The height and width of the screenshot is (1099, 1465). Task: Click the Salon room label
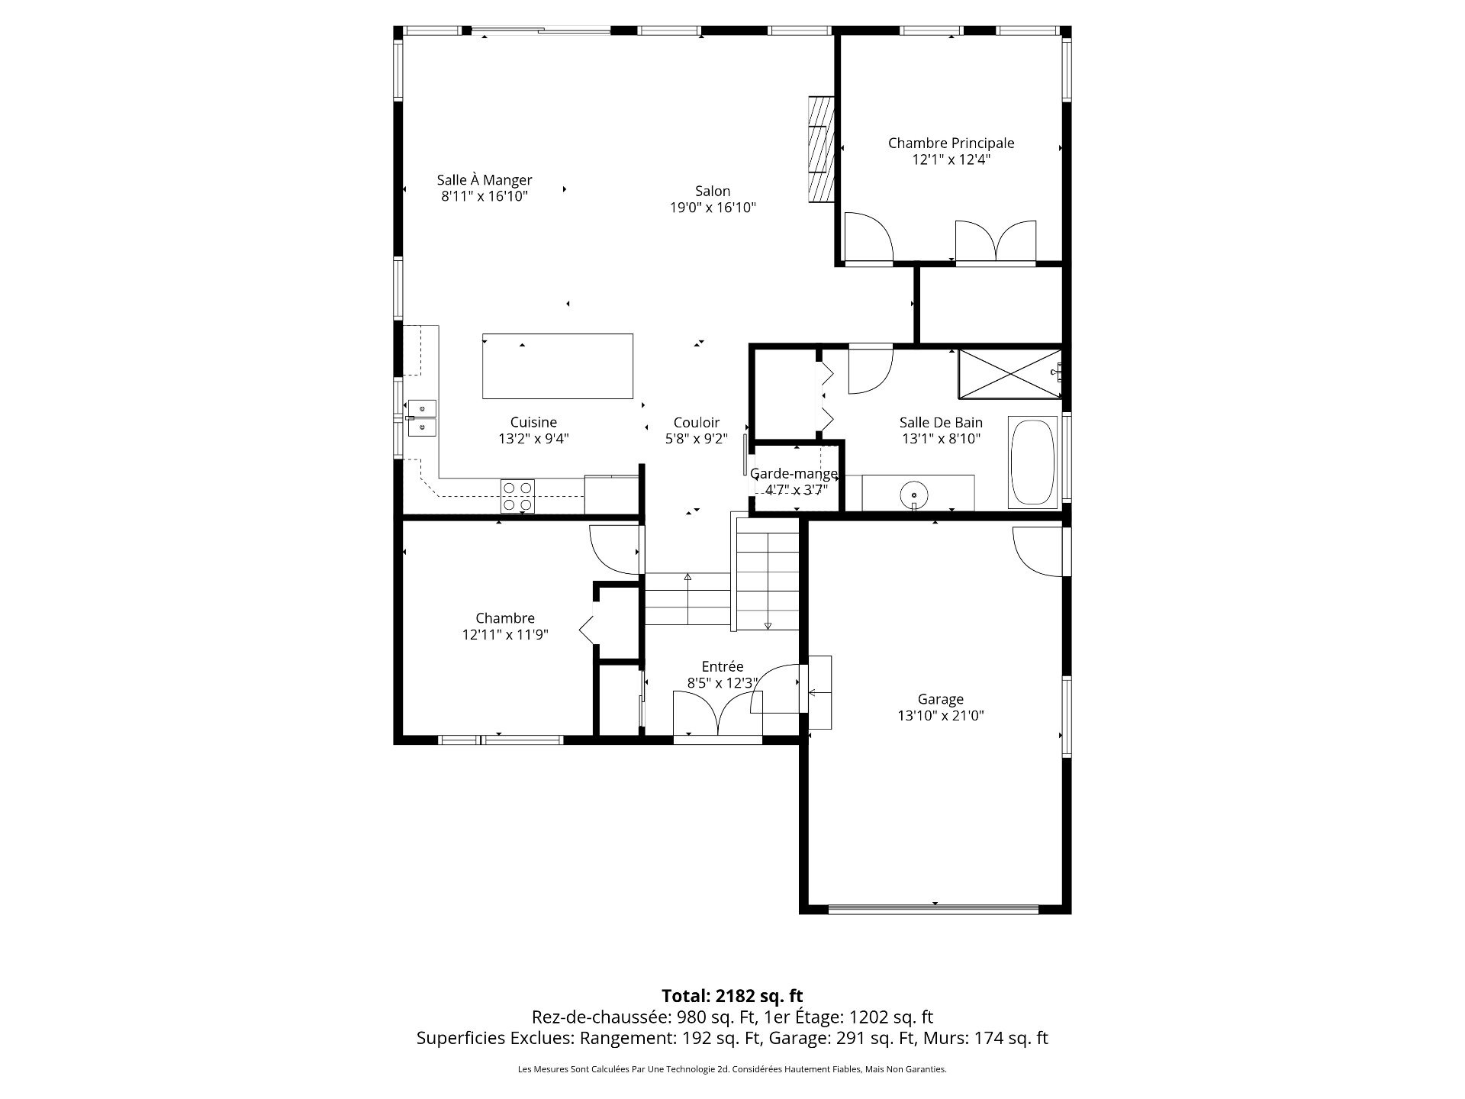coord(712,192)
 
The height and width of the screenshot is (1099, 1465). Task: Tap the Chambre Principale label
coord(951,143)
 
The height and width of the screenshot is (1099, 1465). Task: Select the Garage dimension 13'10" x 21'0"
coord(940,716)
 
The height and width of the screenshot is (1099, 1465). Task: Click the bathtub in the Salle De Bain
coord(1032,462)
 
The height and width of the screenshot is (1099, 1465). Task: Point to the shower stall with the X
coord(1009,373)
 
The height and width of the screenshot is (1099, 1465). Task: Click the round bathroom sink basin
coord(913,494)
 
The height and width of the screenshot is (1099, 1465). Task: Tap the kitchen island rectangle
coord(557,366)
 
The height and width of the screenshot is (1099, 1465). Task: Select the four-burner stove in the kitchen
coord(517,495)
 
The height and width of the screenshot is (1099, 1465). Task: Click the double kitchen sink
coord(421,418)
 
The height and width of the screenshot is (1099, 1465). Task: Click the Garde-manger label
coord(794,474)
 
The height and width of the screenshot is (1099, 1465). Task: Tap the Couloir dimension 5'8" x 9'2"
coord(696,439)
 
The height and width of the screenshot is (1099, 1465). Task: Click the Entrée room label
coord(722,667)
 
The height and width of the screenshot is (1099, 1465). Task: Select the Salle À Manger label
coord(485,180)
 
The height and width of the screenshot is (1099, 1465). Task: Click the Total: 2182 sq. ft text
coord(732,995)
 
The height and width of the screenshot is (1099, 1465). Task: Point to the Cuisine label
coord(533,422)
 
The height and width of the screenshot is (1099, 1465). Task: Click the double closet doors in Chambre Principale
coord(995,242)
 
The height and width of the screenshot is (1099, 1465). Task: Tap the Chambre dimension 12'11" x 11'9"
coord(504,634)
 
